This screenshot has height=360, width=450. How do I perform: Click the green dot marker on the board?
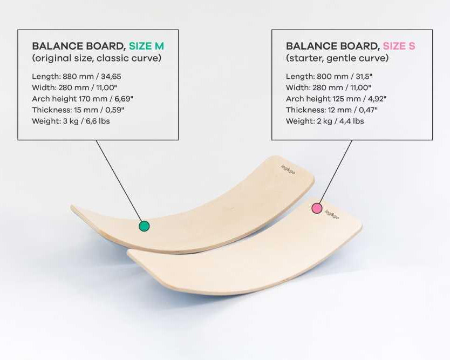point(144,226)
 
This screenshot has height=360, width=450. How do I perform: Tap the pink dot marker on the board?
point(317,208)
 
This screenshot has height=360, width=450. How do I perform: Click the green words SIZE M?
point(146,46)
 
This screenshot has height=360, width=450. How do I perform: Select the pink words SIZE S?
point(399,46)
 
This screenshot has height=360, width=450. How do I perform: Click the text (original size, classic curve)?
point(97,58)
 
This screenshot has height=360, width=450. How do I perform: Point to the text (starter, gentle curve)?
point(337,58)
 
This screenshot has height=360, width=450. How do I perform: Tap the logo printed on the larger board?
point(288,169)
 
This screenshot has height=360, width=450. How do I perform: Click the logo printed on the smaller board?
point(332,214)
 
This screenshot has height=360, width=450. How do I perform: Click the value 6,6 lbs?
point(98,121)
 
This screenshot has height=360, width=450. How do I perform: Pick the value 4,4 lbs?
point(352,121)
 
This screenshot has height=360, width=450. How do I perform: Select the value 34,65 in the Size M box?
point(111,76)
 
